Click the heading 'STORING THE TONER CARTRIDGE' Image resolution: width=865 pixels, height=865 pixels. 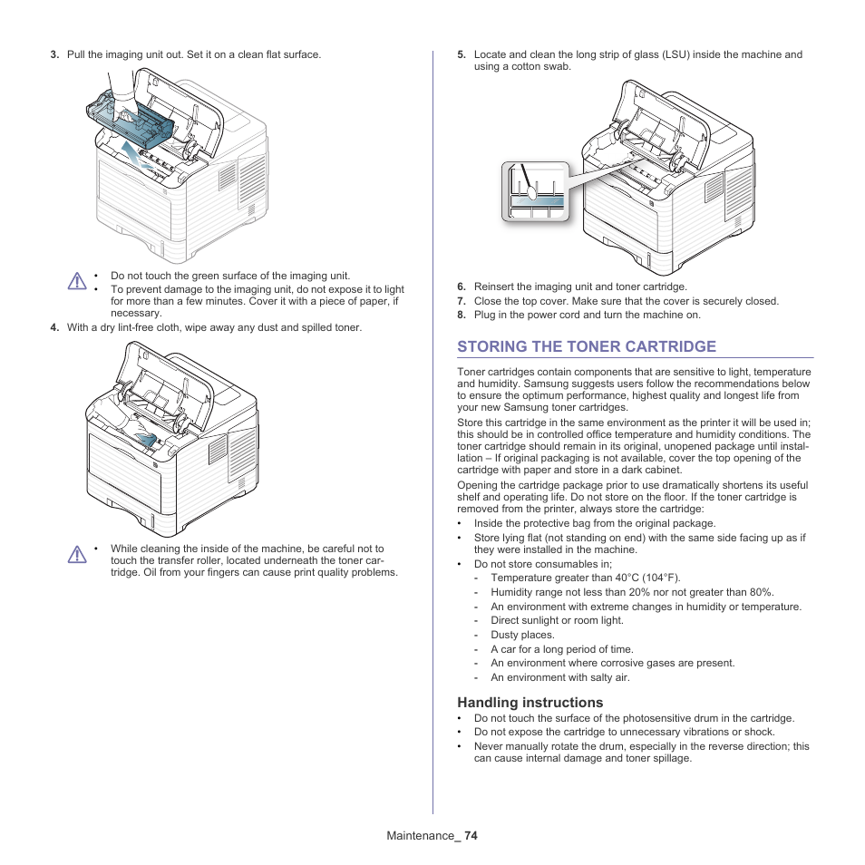click(x=586, y=346)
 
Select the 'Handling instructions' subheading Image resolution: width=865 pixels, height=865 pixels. click(x=530, y=703)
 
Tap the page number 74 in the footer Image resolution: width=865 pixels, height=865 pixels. click(x=470, y=836)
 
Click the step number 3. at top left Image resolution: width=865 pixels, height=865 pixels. click(x=54, y=54)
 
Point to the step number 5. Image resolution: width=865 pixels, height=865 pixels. click(x=462, y=54)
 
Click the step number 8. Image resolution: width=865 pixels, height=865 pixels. click(x=462, y=316)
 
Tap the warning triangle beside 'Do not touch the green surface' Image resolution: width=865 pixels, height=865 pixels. click(x=77, y=281)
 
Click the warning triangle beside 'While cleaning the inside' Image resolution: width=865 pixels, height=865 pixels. click(x=77, y=554)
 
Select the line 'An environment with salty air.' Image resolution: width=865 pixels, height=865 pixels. click(x=559, y=677)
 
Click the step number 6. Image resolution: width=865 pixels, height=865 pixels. click(x=462, y=287)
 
